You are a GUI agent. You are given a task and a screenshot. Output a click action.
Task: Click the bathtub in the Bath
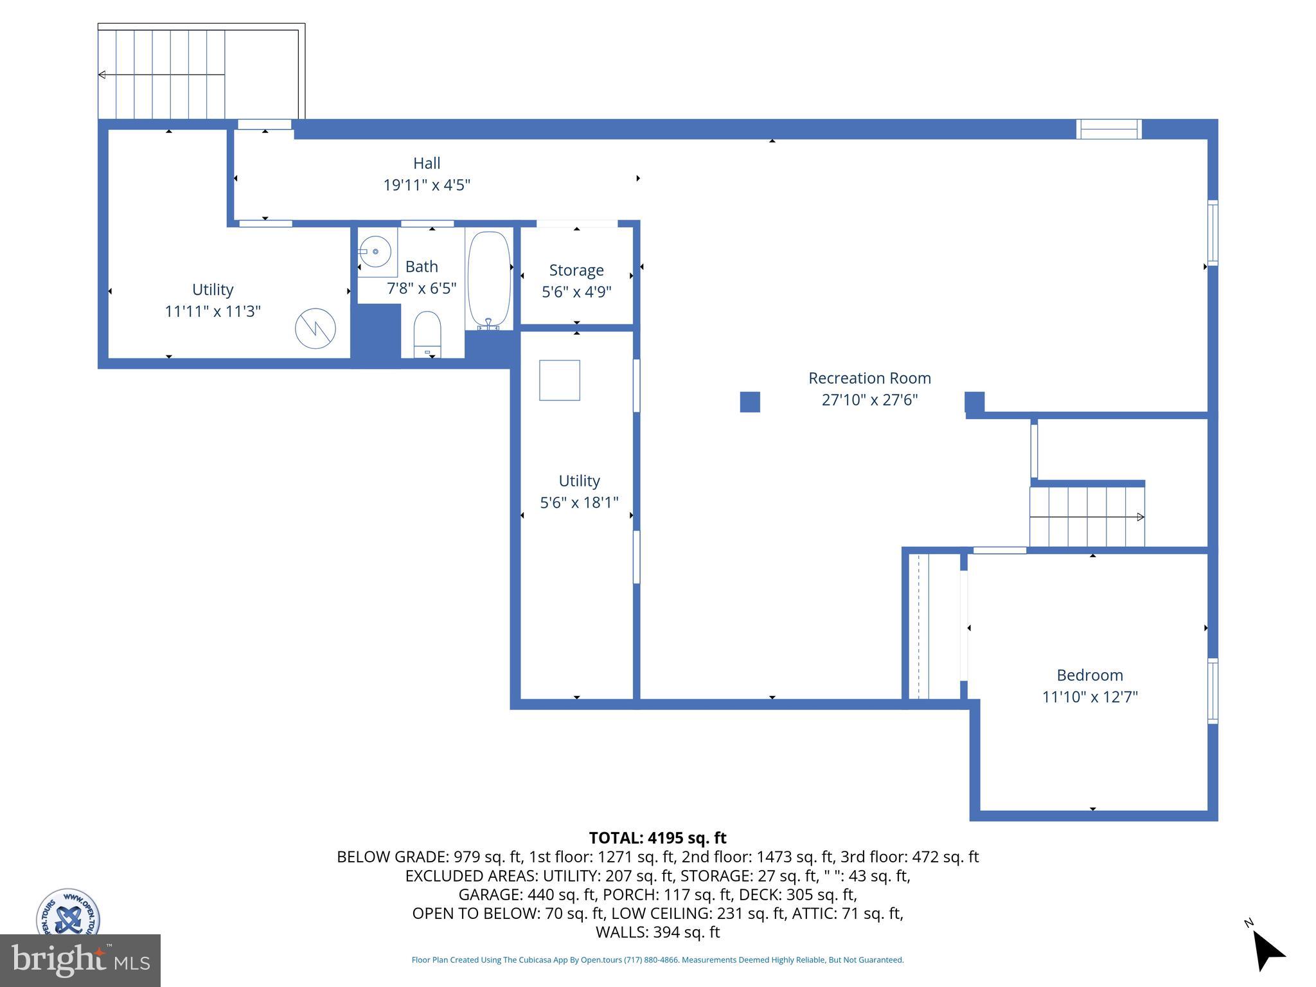489,281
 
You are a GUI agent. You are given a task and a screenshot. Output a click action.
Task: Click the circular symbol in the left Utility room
315,329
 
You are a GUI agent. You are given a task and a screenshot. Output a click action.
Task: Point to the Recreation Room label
869,378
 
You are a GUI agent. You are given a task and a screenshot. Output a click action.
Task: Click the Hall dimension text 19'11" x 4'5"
427,185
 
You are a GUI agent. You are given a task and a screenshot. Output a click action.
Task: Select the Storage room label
576,271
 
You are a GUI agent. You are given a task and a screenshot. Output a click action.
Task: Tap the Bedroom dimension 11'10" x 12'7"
1090,697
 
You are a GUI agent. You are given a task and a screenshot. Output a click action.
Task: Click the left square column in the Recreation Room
750,402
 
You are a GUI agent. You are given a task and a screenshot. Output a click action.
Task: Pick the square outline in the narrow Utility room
559,380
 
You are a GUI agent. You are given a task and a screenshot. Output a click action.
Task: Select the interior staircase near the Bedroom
1087,517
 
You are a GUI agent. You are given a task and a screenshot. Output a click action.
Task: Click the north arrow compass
1266,950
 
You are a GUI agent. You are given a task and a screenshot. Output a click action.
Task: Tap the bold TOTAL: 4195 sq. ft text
657,838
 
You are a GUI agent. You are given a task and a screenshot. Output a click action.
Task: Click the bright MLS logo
80,961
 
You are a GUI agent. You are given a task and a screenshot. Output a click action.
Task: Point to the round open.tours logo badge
67,912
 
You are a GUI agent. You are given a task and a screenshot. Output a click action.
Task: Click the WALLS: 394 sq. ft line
657,932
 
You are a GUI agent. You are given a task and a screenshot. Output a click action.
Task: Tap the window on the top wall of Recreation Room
1108,129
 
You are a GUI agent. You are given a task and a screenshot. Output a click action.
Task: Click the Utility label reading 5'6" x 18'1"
579,502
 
